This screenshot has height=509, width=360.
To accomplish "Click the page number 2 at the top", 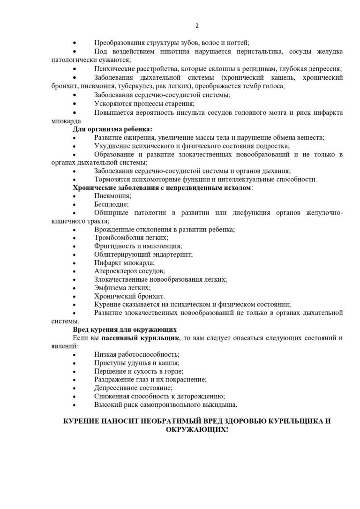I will [x=197, y=26].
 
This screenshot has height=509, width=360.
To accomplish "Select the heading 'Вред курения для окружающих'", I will [x=124, y=329].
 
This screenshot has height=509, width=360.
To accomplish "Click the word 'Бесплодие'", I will [x=111, y=204].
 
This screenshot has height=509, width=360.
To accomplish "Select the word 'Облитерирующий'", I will [x=120, y=254].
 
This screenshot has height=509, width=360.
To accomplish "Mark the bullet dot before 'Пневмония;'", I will [x=75, y=196].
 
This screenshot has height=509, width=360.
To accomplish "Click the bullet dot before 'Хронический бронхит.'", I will [x=75, y=296].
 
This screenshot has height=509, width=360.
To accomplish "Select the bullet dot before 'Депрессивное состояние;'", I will [x=75, y=388].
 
